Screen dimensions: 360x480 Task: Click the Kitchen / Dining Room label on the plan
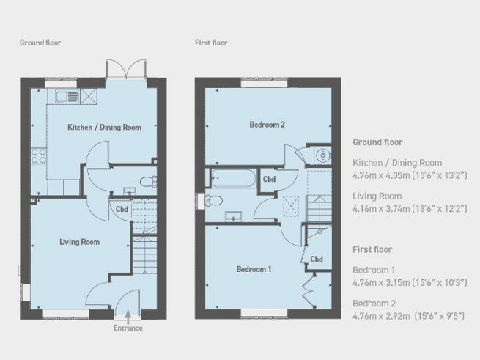104,127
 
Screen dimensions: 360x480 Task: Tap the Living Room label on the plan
79,241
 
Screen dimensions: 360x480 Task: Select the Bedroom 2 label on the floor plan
267,125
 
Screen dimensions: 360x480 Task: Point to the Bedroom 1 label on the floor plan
254,269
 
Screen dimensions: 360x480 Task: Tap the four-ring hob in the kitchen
38,155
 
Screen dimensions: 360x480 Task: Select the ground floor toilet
147,181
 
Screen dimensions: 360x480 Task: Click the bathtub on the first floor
234,178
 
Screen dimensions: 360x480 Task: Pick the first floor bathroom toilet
214,200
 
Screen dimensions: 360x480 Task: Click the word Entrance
128,328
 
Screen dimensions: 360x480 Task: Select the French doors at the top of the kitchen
122,70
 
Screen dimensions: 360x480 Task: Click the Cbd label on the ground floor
121,208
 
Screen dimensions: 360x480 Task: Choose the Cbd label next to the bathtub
269,179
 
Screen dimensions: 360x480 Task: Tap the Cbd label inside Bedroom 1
317,259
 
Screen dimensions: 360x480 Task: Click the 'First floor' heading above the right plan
211,43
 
